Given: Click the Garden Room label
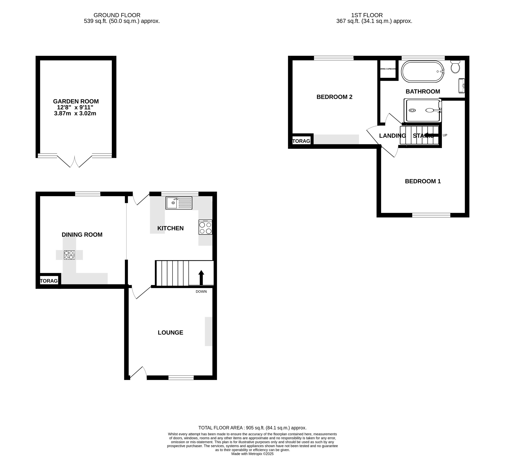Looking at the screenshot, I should click(x=76, y=102).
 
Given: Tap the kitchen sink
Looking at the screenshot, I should click(x=179, y=203).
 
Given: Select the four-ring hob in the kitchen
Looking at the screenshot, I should click(x=205, y=227).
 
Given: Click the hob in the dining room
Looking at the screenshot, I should click(x=69, y=255).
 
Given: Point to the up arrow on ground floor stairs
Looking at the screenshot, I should click(x=201, y=277).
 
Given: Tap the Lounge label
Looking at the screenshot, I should click(x=170, y=332).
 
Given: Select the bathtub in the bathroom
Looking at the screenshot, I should click(x=422, y=71).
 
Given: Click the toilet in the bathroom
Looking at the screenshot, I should click(x=455, y=67).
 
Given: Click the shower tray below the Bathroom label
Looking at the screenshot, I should click(x=422, y=110).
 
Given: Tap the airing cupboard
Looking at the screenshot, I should click(x=388, y=69).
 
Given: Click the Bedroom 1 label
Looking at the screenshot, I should click(x=423, y=181).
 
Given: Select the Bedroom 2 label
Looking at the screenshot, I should click(x=334, y=97).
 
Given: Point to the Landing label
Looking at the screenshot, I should click(x=392, y=136).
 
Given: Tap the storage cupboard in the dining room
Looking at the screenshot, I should click(x=49, y=281).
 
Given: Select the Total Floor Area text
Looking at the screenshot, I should click(x=252, y=428).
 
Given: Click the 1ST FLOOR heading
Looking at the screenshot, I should click(x=367, y=15).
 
